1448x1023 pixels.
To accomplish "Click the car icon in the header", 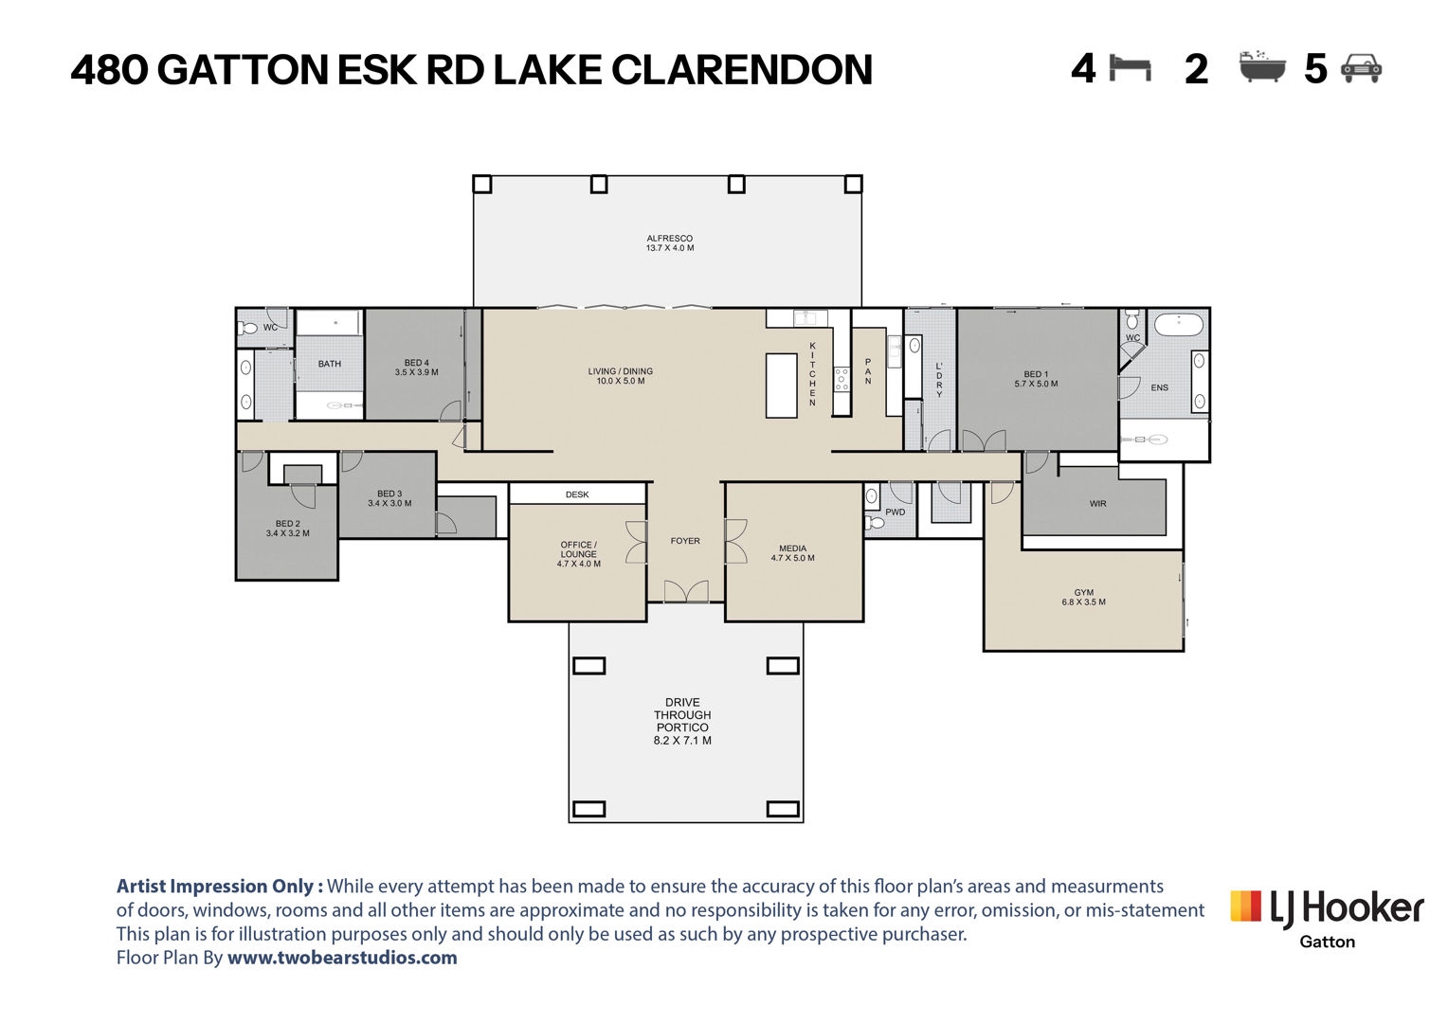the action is [1362, 68].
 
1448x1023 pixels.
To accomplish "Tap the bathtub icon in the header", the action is [1262, 66].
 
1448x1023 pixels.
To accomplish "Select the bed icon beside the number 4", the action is [1130, 68].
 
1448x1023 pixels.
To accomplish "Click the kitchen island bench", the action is [782, 386].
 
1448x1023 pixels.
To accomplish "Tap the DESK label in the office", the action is [577, 494].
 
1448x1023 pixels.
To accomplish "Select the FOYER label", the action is [685, 541].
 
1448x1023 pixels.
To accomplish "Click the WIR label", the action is [1097, 503].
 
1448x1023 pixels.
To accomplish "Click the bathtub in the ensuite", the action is [1179, 324].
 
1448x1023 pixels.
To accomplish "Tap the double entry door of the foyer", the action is [686, 591].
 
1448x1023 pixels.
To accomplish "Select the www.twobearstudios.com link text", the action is [342, 958].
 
